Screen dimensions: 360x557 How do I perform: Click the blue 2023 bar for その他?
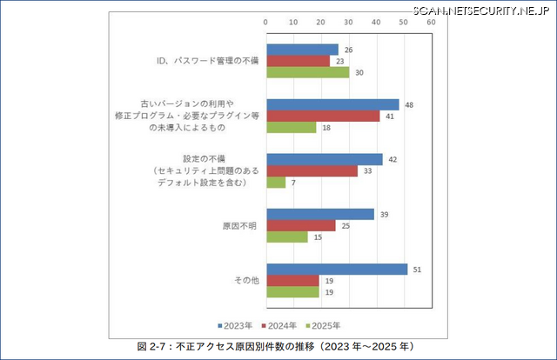click(x=337, y=270)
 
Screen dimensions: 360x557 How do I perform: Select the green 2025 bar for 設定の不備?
click(x=276, y=183)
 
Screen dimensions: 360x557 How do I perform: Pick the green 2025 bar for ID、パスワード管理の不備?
click(x=307, y=72)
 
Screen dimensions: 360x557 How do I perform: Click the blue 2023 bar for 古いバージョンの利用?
click(x=332, y=104)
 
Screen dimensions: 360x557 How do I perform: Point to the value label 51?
click(x=416, y=270)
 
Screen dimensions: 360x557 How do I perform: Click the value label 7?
click(x=292, y=183)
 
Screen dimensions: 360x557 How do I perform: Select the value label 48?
click(x=408, y=104)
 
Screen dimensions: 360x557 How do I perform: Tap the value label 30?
click(x=359, y=72)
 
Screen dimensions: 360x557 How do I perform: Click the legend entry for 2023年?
click(x=235, y=325)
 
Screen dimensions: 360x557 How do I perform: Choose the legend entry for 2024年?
click(x=280, y=325)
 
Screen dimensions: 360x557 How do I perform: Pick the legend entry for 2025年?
click(x=324, y=325)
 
